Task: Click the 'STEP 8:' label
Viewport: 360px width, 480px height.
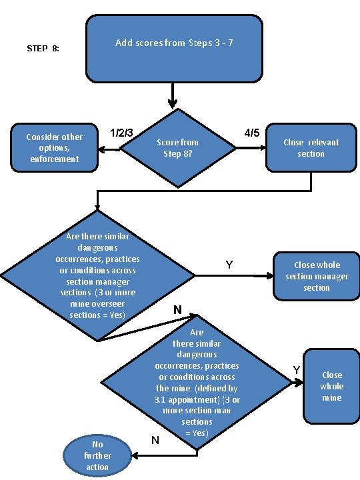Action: (x=43, y=49)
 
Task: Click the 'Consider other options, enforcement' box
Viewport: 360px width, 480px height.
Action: (x=53, y=147)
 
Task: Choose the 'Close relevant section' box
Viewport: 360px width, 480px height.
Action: (x=311, y=148)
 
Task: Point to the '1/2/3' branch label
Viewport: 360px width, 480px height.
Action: (x=123, y=133)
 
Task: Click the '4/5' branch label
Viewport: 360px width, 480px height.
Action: (x=252, y=133)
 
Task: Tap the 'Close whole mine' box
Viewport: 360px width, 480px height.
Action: (x=331, y=386)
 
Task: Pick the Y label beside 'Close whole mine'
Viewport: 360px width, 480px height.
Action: (x=297, y=370)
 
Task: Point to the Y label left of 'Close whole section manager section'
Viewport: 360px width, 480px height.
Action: (x=229, y=265)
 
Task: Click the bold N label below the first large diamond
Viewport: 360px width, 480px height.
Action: (x=177, y=310)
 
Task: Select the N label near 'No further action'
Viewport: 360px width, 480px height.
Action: (x=155, y=439)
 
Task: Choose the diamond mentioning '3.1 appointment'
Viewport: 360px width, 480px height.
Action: (x=197, y=383)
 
